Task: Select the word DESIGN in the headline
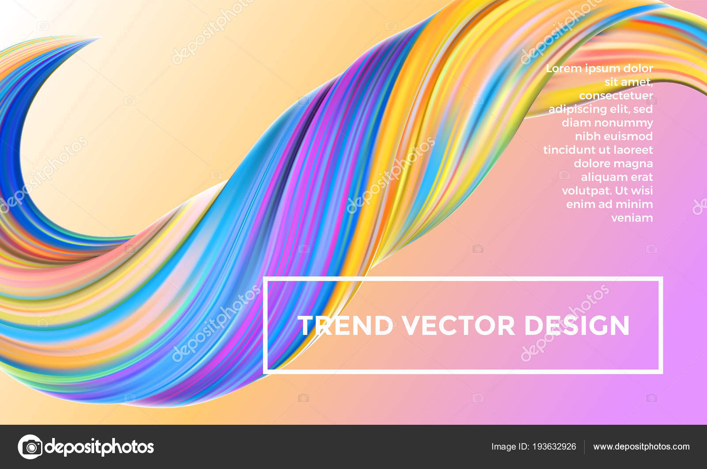coord(577,325)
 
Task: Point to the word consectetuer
coord(616,96)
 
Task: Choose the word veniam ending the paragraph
coord(632,218)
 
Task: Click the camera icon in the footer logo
coord(30,447)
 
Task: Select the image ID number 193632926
coord(554,446)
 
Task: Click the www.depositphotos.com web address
coord(641,446)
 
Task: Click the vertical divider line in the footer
coord(585,447)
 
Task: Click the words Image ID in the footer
coord(510,446)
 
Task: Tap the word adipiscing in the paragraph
coord(576,109)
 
